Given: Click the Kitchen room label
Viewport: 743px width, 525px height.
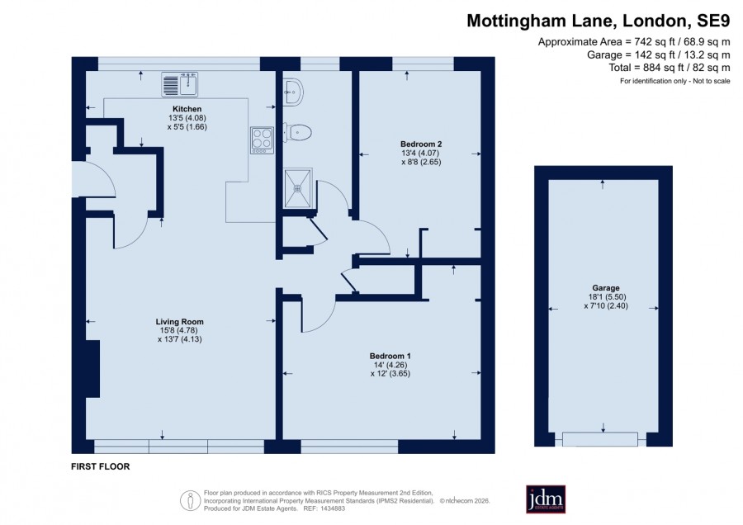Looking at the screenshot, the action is [187, 109].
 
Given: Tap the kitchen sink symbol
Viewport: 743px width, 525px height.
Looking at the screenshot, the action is [180, 84].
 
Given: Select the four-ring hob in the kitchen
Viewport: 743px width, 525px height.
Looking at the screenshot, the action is [262, 140].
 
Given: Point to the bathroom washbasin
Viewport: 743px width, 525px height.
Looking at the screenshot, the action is [293, 91].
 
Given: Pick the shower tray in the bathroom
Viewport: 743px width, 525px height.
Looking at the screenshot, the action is [297, 188].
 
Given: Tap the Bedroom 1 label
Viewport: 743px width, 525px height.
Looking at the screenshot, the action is [390, 356].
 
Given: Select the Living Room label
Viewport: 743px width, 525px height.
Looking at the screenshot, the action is [180, 322].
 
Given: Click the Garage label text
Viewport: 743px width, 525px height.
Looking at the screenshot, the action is [606, 287].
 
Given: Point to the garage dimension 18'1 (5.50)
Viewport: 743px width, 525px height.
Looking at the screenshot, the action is [606, 297].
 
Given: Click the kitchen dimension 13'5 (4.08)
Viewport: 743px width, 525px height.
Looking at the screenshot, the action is [187, 118].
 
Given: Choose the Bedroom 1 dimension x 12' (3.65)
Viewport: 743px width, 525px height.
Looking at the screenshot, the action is [390, 373].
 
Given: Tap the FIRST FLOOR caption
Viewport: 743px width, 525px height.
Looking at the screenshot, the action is [101, 466].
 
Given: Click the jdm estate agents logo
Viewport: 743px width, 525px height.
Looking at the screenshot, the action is [546, 499].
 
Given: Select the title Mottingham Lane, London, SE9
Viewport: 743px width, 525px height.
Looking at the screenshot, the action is [599, 21].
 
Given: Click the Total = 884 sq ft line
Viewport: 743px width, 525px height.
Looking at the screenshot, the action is [670, 68].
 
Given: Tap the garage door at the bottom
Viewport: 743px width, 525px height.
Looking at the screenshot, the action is [600, 439].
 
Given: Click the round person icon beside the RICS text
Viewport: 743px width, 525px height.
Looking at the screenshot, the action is [191, 500].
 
